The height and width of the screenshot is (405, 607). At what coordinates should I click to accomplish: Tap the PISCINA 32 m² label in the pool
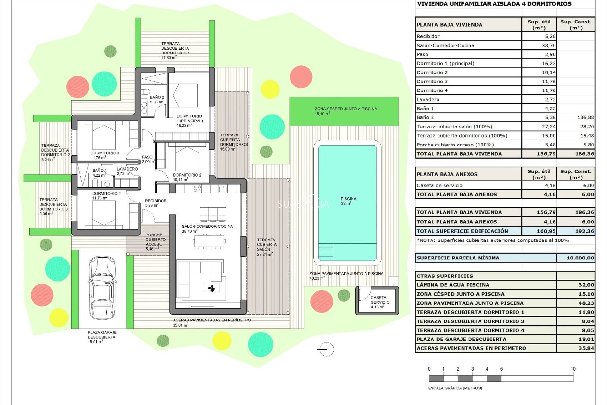(x=348, y=201)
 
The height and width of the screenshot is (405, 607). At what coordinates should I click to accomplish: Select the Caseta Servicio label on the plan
(x=380, y=302)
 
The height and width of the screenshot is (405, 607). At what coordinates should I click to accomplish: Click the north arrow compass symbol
(x=326, y=349)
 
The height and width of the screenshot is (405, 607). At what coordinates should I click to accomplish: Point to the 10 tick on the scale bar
(x=573, y=369)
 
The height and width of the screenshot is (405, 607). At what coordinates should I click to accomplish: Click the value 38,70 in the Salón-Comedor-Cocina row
(x=549, y=46)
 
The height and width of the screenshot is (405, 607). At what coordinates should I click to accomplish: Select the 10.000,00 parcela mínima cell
(x=580, y=258)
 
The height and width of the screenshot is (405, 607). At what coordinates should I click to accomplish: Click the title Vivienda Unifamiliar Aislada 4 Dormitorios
(x=494, y=4)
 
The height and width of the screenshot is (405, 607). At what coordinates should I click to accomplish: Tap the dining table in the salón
(x=209, y=241)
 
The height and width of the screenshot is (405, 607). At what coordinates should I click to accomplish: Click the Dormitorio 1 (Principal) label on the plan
(x=189, y=121)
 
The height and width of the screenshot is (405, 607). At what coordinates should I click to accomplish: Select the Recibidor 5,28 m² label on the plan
(x=156, y=203)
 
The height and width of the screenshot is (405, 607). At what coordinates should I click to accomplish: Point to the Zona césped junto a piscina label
(x=346, y=111)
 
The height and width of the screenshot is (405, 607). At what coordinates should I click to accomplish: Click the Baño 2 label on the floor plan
(x=157, y=100)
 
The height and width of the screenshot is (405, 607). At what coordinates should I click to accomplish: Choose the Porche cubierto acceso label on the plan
(x=155, y=242)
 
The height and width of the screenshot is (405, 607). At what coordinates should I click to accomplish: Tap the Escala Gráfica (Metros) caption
(x=455, y=388)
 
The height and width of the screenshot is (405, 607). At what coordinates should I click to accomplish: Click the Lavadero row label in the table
(x=428, y=100)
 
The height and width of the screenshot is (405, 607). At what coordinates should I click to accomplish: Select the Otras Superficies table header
(x=445, y=276)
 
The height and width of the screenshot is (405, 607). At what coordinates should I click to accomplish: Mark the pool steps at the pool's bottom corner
(x=326, y=252)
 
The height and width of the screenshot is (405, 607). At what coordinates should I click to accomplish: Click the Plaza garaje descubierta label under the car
(x=102, y=337)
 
